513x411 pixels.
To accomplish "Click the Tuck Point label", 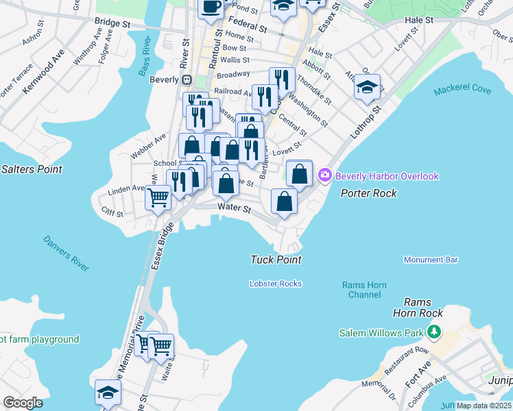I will point(276,260).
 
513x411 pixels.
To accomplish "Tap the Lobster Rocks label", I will point(276,284).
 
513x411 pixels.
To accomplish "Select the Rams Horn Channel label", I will point(364,290).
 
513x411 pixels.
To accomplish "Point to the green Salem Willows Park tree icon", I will point(433,332).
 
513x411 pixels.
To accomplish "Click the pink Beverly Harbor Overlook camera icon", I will point(325,176).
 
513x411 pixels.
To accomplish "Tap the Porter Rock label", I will point(369,194).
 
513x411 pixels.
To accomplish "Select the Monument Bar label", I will point(431,260).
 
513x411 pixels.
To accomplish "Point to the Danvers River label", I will point(66,253).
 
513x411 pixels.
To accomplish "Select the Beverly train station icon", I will point(186,79).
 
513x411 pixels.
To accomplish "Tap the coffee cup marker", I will point(211,7).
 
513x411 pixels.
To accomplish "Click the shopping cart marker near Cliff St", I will point(158,198).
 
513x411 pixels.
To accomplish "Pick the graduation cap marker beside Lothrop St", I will point(368,88).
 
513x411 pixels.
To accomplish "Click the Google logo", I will point(23,403).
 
